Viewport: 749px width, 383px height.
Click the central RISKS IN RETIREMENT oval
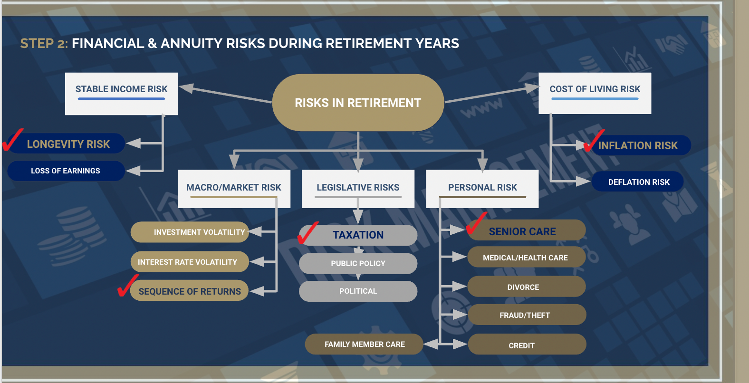tap(358, 103)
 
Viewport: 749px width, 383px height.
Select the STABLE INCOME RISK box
tap(121, 94)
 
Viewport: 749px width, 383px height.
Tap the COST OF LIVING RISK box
tap(595, 93)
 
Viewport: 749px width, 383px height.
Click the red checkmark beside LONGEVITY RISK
tap(12, 140)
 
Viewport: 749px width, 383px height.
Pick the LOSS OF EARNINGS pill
tap(66, 171)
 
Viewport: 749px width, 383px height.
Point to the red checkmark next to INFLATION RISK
tap(594, 141)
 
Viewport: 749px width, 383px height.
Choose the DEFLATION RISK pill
tap(638, 182)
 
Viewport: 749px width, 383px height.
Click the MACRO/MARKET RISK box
tap(234, 189)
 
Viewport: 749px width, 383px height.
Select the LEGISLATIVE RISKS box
tap(358, 189)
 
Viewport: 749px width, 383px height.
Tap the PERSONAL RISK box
tap(482, 189)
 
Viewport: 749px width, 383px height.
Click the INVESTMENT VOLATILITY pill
tap(190, 232)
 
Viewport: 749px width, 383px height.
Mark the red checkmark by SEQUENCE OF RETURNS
tap(127, 286)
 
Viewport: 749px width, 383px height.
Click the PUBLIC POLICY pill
tap(358, 263)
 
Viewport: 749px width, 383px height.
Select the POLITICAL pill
tap(358, 291)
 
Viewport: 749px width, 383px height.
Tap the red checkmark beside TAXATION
tap(307, 233)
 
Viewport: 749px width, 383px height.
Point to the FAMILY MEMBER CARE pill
tap(364, 344)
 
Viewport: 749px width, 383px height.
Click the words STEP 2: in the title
tap(44, 44)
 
